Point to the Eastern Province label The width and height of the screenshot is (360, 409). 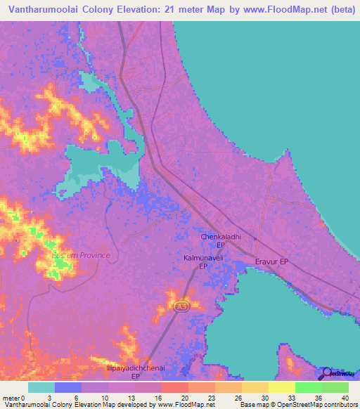80,255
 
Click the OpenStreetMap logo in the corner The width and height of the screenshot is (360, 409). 337,374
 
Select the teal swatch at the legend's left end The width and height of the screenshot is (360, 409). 41,387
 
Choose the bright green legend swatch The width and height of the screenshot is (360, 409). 308,387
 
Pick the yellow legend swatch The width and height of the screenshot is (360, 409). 281,387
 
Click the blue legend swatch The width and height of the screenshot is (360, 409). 68,387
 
